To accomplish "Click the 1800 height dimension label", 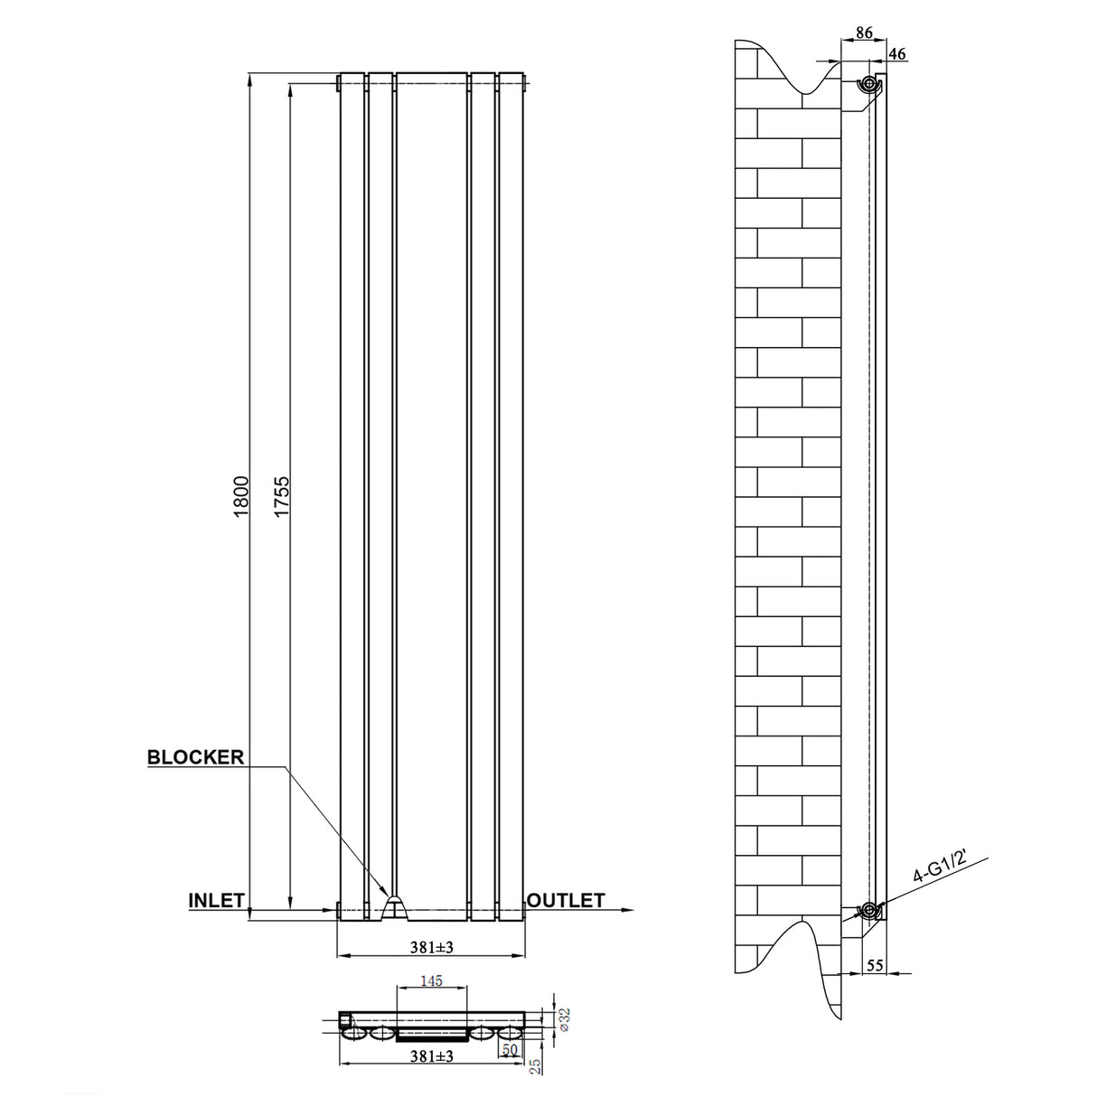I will (239, 495).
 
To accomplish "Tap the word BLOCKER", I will (196, 757).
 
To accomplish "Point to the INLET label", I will (217, 900).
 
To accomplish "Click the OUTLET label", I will (566, 900).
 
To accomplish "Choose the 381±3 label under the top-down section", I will (430, 1056).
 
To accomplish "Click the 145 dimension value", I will (432, 980).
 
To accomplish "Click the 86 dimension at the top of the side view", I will (863, 33).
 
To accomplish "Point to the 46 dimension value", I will (897, 54).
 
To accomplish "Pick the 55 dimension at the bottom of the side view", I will (875, 965).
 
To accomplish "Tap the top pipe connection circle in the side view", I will (868, 85).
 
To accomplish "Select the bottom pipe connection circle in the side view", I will (869, 909).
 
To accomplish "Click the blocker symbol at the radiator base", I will (395, 906).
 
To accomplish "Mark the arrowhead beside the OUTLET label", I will (624, 910).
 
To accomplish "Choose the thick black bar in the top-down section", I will (432, 1032).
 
